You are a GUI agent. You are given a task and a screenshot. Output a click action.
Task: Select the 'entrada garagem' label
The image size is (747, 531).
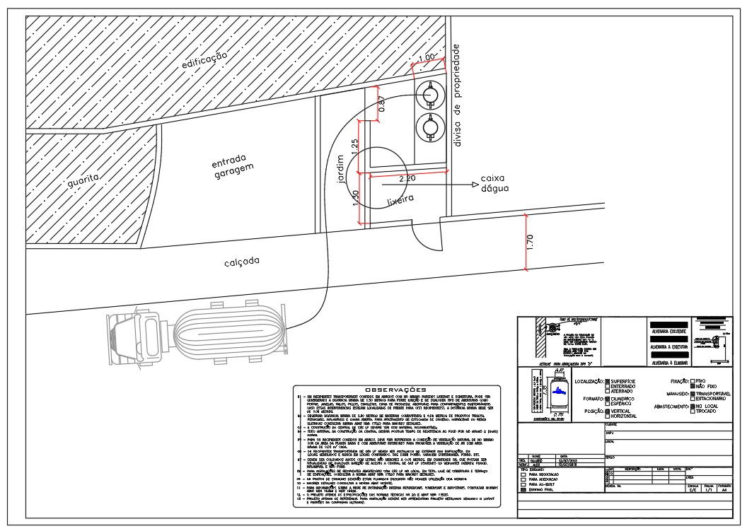click(x=231, y=165)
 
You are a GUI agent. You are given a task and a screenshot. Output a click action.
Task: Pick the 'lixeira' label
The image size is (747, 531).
click(x=400, y=202)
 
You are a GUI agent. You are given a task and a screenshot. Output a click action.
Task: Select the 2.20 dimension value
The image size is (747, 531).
click(x=407, y=179)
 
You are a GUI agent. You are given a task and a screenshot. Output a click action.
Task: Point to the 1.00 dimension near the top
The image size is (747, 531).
click(x=427, y=57)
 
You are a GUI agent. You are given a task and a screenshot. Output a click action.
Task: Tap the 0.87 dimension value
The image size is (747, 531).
click(x=382, y=104)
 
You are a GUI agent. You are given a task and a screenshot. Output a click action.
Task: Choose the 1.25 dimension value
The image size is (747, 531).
click(x=355, y=147)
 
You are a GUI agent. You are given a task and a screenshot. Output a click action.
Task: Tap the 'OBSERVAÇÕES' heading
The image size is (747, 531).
click(x=395, y=390)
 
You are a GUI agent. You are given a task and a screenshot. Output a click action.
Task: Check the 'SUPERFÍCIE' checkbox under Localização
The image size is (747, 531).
click(x=606, y=381)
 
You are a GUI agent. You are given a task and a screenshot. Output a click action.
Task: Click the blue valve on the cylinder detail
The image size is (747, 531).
click(x=559, y=390)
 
